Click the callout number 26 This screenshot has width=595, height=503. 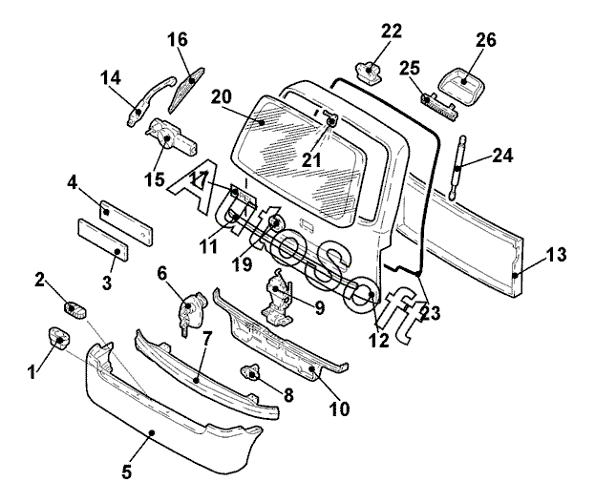click(486, 40)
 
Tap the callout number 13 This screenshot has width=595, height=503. click(556, 255)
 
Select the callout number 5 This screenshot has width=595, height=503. click(127, 472)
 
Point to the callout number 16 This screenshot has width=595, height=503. click(178, 39)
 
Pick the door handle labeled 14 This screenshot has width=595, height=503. click(150, 100)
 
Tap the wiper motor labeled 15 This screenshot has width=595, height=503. click(171, 136)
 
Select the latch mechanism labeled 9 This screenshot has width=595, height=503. click(277, 298)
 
